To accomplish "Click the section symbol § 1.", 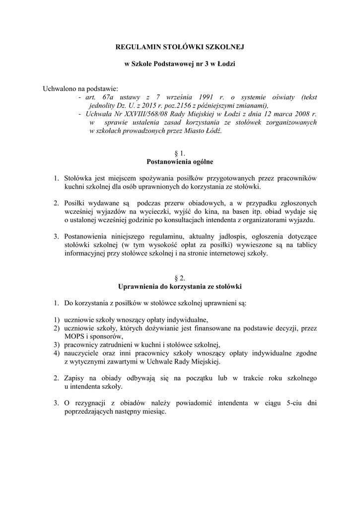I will click(x=180, y=154).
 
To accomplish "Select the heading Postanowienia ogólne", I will click(x=180, y=162).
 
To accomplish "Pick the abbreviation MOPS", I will click(x=74, y=336).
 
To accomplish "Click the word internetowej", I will click(x=225, y=253).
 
